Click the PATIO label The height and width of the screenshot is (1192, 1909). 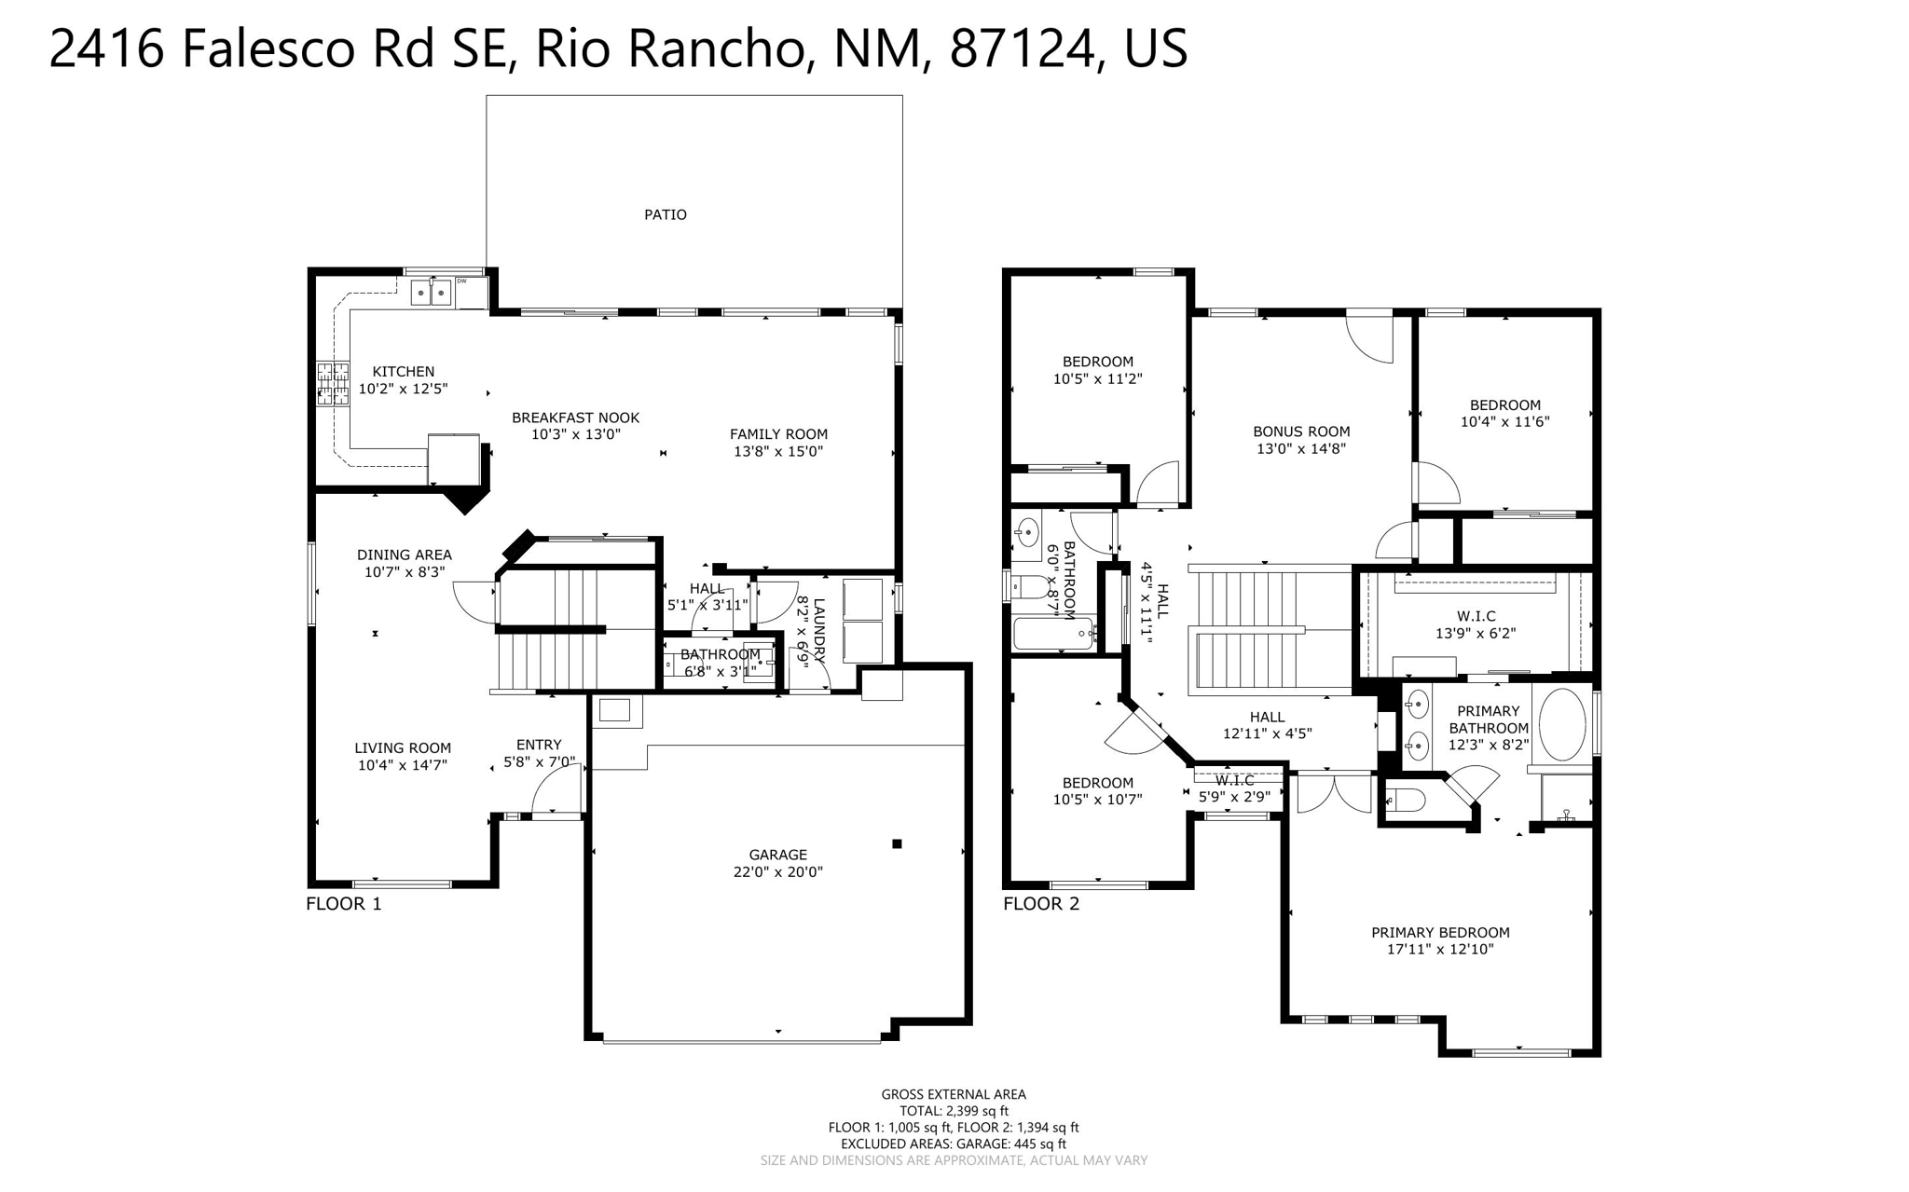(x=665, y=214)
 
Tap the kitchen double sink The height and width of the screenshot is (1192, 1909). (x=431, y=293)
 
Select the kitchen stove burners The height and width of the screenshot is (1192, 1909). (x=330, y=383)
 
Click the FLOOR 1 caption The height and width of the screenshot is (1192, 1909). (x=344, y=903)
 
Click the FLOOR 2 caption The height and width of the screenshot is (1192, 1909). (x=1041, y=903)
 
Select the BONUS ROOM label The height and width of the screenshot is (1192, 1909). (x=1301, y=432)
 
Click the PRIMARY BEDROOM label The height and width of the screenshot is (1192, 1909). (x=1440, y=932)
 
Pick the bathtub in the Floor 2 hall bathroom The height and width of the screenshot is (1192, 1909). (x=1052, y=634)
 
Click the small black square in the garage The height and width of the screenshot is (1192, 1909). (x=897, y=843)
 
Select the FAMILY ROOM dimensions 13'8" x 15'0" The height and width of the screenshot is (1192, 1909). (x=778, y=452)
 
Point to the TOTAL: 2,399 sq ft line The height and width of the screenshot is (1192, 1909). (x=954, y=1111)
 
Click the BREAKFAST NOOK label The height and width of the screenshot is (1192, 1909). (x=575, y=418)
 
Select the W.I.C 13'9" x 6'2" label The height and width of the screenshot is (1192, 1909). (x=1476, y=624)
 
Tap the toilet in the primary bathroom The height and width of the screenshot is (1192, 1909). (x=1406, y=800)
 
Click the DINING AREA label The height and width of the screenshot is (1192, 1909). (x=404, y=555)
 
